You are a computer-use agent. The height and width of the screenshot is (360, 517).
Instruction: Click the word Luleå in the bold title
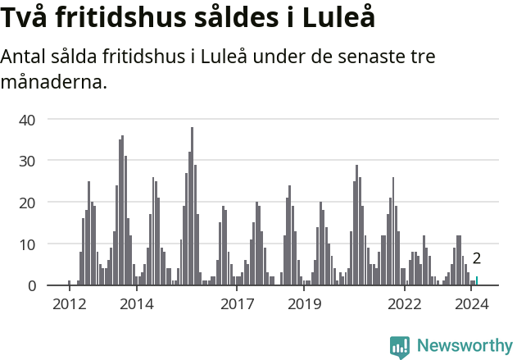(x=338, y=18)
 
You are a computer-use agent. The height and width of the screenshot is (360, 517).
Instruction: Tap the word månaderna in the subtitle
(x=54, y=82)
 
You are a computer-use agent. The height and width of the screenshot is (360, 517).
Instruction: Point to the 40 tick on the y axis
(x=28, y=120)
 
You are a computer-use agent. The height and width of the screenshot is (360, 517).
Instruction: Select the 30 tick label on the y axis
(x=28, y=161)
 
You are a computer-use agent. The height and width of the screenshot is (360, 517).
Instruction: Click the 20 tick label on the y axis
(x=28, y=203)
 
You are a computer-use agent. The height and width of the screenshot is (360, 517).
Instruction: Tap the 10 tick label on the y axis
(x=28, y=244)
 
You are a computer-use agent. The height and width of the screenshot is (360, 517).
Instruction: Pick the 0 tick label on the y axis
(x=31, y=285)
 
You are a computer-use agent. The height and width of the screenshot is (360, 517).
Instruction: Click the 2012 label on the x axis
(x=70, y=304)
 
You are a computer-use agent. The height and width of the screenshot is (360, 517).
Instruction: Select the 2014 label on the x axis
(x=137, y=304)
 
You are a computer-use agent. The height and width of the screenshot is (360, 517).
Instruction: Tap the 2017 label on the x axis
(x=238, y=304)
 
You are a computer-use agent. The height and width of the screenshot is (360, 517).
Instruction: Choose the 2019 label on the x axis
(x=305, y=304)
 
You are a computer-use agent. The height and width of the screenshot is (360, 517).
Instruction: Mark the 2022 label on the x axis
(x=405, y=304)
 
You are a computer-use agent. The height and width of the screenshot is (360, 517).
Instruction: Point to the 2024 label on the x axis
(x=472, y=304)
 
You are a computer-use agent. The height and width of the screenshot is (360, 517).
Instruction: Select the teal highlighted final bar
(x=477, y=281)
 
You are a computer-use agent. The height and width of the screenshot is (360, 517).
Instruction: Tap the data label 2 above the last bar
(x=477, y=259)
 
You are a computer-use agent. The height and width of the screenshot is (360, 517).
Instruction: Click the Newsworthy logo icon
(x=400, y=347)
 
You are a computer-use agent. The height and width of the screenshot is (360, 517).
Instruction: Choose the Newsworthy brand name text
(x=465, y=346)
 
